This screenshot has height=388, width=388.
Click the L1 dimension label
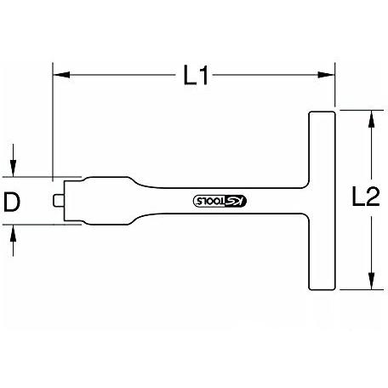point(195,77)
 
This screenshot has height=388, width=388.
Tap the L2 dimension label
point(365,200)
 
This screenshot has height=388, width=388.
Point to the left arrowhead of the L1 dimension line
point(59,77)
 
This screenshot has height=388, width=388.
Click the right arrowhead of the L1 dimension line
point(332,77)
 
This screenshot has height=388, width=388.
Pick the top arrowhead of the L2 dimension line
point(369,117)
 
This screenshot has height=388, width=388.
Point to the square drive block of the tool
point(74,201)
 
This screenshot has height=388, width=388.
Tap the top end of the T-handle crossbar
point(322,116)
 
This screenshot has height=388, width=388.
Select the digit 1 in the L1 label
point(203,77)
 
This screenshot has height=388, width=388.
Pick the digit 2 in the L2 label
point(371,200)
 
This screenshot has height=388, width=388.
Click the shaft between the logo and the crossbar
point(272,201)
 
